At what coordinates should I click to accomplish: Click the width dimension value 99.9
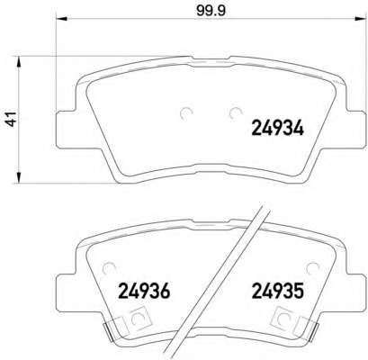[211, 10]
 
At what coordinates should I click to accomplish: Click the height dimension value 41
[12, 119]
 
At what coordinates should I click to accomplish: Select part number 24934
[278, 129]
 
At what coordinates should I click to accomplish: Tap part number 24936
[144, 291]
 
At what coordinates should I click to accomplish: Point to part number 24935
[278, 291]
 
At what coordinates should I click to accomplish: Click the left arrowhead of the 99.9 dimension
[61, 19]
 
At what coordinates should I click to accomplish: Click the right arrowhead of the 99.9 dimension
[361, 19]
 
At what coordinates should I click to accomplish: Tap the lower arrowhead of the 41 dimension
[19, 177]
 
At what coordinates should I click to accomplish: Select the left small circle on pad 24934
[186, 113]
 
